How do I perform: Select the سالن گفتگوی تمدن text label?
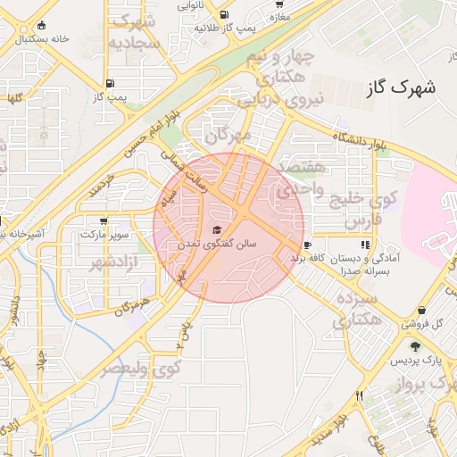click(220, 243)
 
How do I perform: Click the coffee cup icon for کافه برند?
click(307, 245)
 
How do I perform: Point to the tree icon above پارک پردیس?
click(415, 346)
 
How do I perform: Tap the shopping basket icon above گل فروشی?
click(446, 309)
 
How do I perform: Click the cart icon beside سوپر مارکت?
click(104, 220)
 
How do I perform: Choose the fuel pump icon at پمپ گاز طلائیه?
click(222, 15)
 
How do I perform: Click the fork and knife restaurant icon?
click(359, 395)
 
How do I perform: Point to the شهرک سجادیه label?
click(135, 31)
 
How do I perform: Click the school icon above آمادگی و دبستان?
click(364, 245)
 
